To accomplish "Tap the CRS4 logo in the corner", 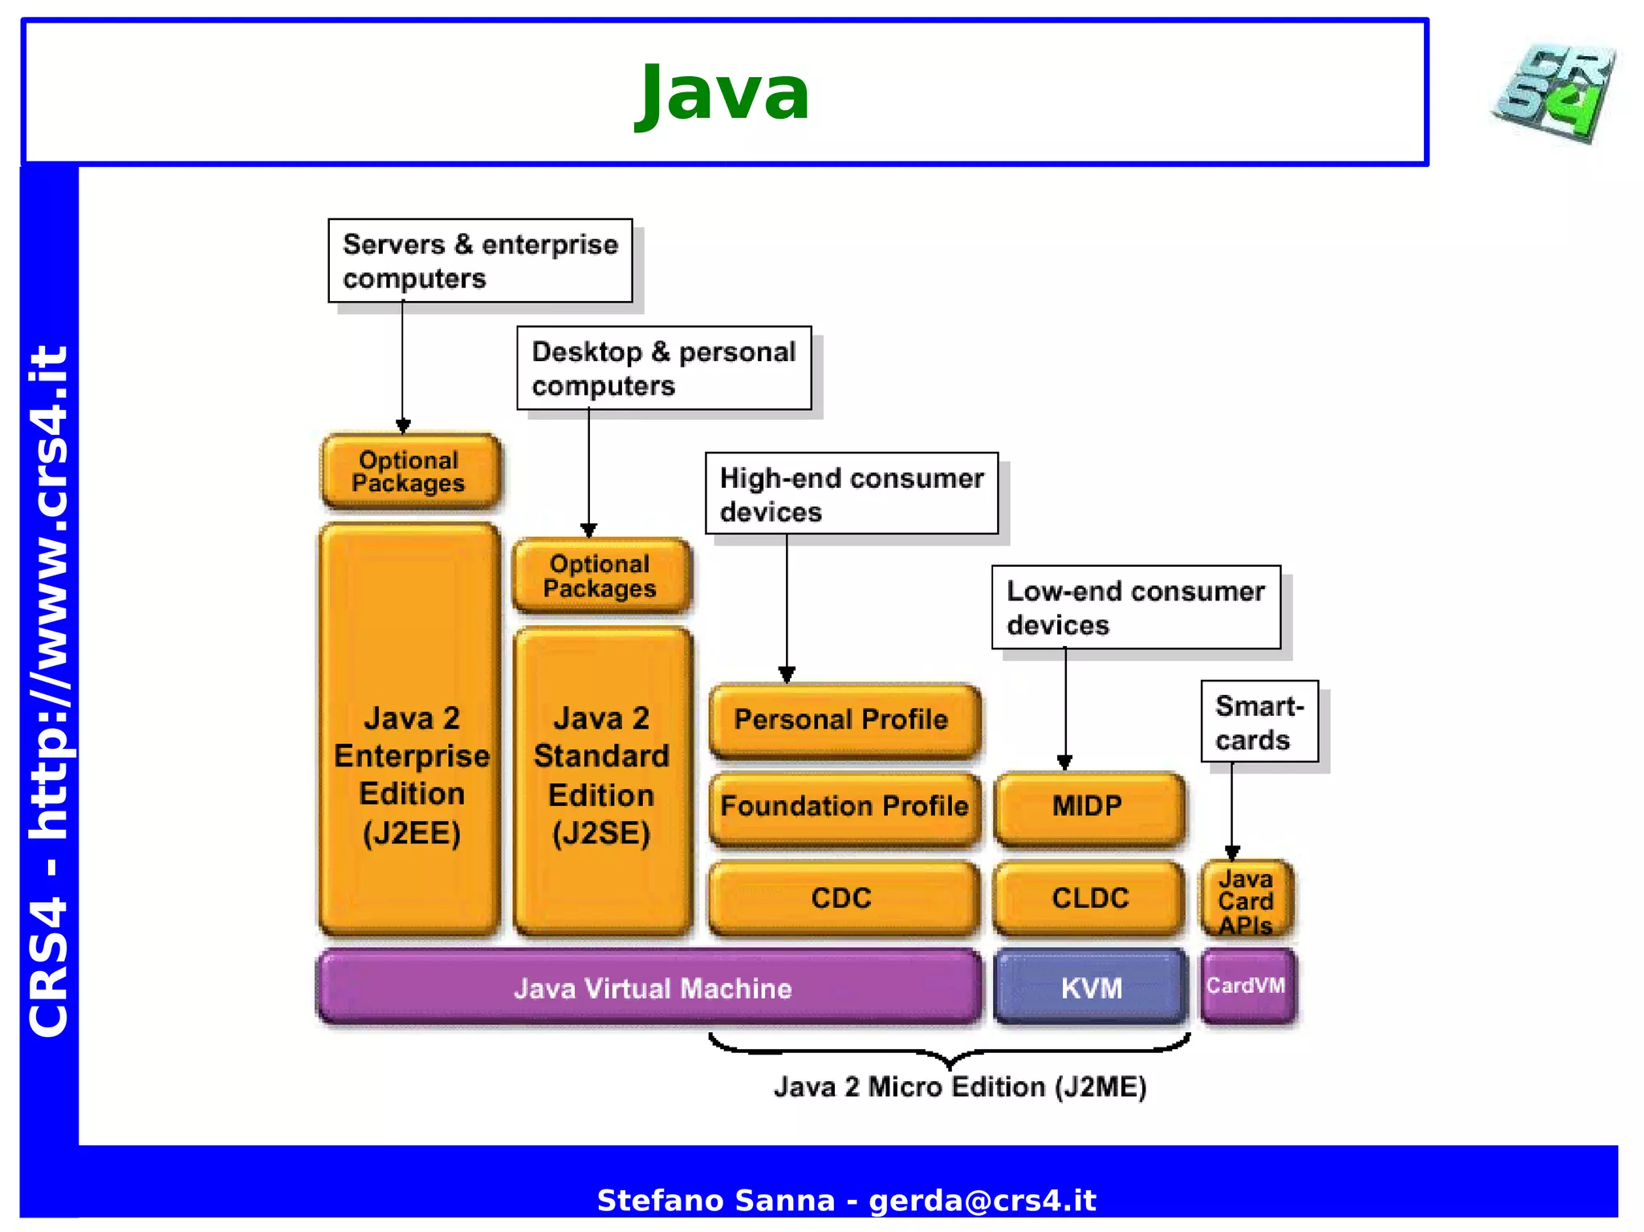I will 1555,93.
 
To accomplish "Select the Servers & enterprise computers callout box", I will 480,261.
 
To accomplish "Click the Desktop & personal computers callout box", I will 664,368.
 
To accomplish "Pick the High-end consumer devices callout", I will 852,494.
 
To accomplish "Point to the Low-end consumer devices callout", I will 1136,608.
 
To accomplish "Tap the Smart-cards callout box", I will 1259,722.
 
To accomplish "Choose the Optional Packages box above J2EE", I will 410,472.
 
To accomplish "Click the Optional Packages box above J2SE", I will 601,575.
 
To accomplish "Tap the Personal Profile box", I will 844,720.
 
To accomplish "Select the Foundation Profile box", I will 844,807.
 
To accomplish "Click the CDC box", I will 843,898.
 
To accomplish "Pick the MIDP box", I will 1089,807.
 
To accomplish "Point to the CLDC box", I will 1090,898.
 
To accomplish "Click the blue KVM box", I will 1091,987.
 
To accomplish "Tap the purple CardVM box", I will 1247,986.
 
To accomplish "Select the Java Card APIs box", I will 1247,900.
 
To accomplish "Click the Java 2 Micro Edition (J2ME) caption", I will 959,1087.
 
